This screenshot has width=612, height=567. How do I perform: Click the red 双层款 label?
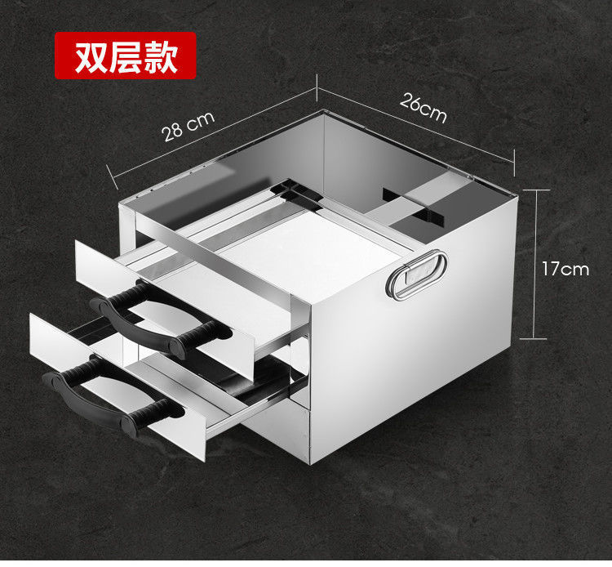click(x=126, y=56)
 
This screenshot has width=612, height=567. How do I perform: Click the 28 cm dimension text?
click(x=188, y=126)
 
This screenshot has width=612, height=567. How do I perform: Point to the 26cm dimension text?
click(x=424, y=108)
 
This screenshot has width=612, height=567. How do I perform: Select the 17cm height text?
click(x=565, y=268)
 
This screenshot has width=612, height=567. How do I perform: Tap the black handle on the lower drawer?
click(x=106, y=396)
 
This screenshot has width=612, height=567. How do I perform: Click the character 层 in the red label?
click(x=126, y=56)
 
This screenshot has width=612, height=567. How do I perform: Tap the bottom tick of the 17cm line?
click(x=535, y=337)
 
